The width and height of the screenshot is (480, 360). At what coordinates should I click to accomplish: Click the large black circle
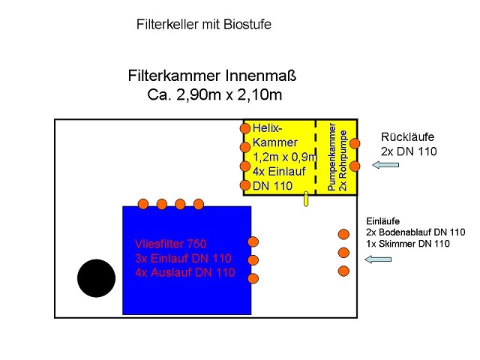(x=96, y=277)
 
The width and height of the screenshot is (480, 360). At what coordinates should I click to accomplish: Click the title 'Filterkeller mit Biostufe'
(x=203, y=25)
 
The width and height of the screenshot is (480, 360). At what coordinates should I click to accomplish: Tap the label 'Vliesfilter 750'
(x=170, y=244)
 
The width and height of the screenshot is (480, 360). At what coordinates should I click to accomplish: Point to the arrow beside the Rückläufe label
(x=385, y=165)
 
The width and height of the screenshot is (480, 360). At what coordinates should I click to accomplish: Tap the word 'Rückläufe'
(x=407, y=137)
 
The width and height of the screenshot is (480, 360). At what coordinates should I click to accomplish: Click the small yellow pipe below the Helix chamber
(x=306, y=199)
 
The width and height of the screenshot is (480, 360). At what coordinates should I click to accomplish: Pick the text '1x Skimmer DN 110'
(x=408, y=244)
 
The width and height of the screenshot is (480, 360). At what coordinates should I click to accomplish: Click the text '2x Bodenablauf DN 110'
(x=415, y=232)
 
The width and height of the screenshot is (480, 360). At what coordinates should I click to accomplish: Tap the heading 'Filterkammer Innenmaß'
(x=213, y=76)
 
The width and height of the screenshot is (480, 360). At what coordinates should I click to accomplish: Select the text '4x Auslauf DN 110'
(x=185, y=272)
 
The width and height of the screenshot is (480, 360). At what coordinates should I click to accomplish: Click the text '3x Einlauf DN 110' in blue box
(x=184, y=258)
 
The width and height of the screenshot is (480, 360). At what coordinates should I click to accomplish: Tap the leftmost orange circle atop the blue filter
(x=143, y=204)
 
